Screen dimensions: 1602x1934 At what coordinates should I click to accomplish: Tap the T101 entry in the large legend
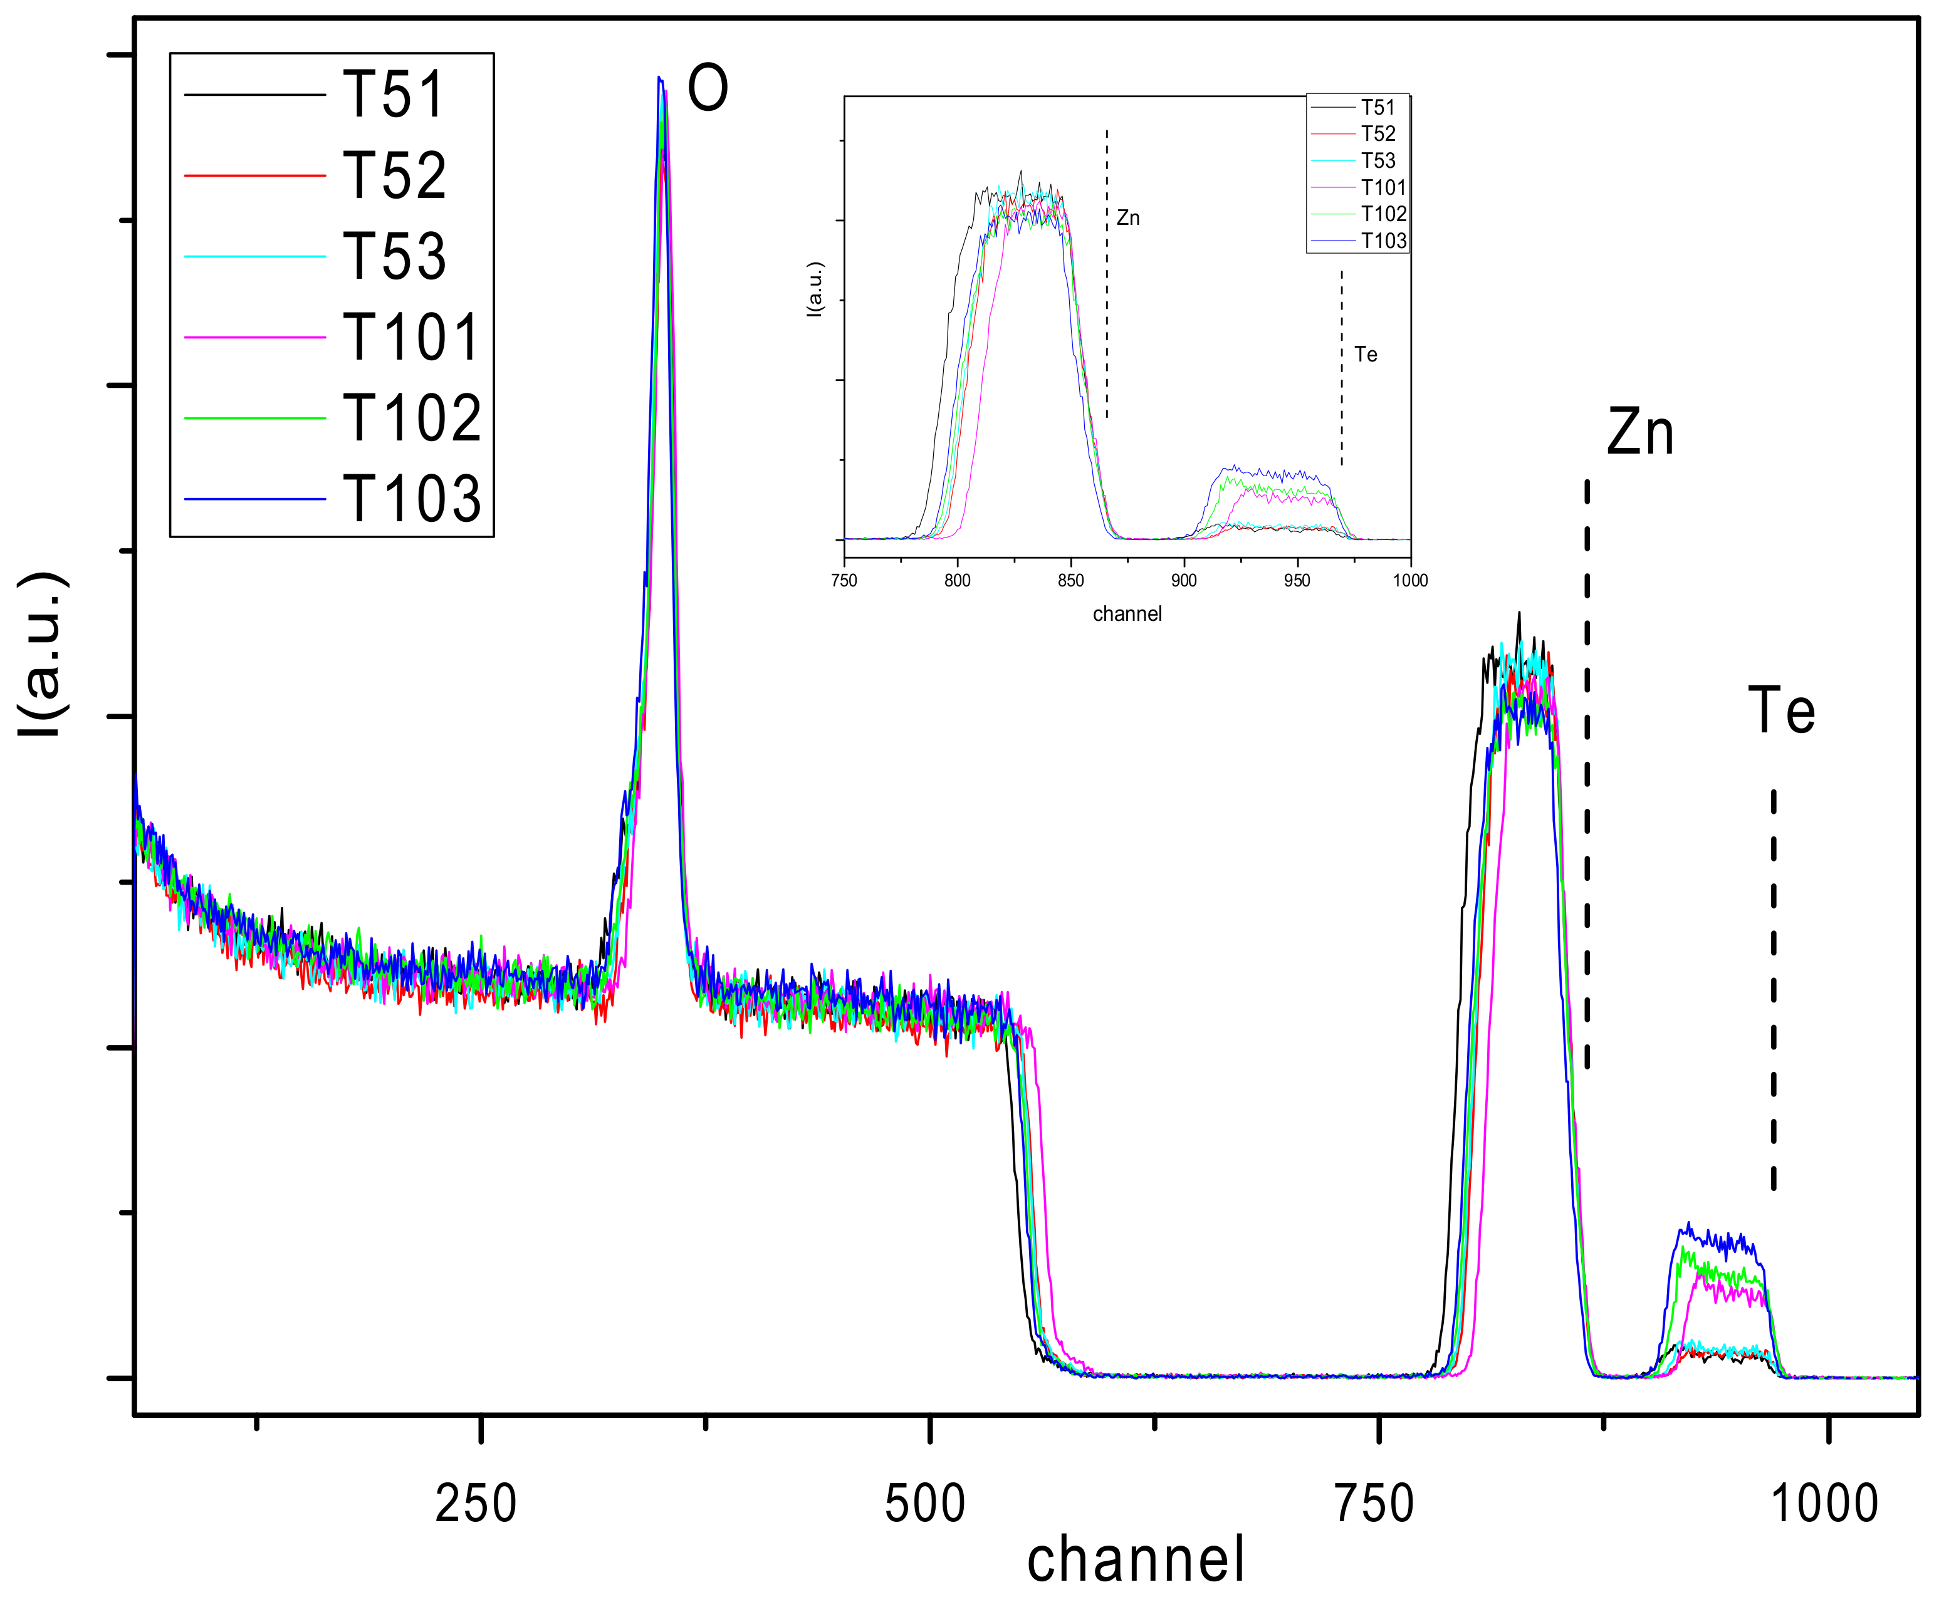point(412,337)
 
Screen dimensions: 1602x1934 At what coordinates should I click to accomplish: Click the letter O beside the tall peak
point(708,90)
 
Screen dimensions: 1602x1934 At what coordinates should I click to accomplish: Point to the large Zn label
point(1640,433)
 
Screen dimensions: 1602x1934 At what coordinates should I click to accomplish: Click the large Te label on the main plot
point(1781,710)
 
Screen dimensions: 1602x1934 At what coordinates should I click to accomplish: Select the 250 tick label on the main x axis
point(475,1504)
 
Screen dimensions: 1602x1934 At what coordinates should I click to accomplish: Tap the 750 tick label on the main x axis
point(1374,1504)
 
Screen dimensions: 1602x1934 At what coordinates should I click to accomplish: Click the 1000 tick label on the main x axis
point(1824,1504)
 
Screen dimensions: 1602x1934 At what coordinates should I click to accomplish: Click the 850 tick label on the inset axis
point(1070,581)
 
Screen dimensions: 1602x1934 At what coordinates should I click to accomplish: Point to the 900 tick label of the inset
point(1183,581)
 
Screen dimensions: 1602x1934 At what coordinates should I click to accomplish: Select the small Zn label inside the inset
point(1127,218)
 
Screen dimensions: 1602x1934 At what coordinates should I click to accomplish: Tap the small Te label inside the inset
point(1365,355)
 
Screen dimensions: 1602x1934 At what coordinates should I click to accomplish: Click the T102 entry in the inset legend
point(1383,214)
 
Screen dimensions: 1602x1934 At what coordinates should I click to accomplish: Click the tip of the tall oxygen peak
point(659,79)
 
